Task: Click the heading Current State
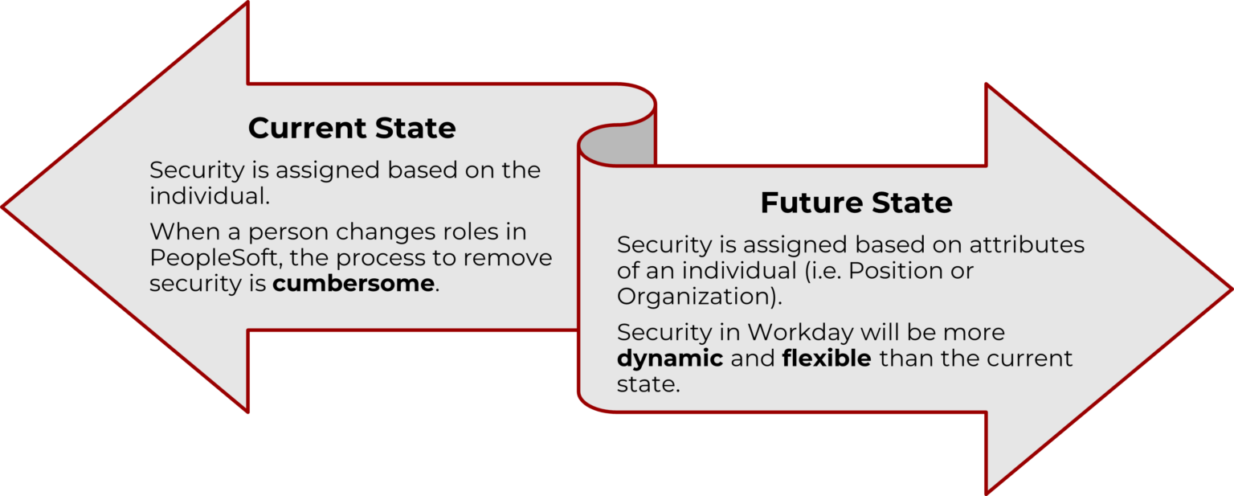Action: point(352,129)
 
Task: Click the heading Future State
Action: point(856,203)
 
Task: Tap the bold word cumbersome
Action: point(353,284)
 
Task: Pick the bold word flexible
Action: point(827,358)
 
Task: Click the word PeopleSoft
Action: point(214,259)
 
